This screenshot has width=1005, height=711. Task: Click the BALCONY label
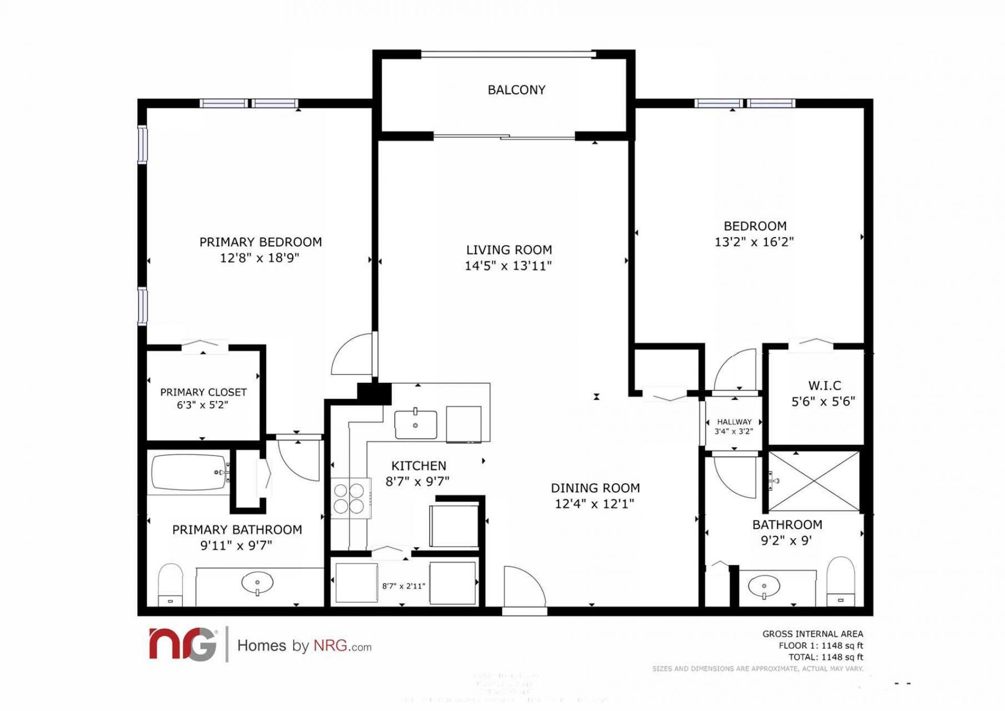coord(516,90)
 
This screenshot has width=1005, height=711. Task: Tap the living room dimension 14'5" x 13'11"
coord(508,266)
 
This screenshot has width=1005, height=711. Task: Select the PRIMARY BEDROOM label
coord(260,242)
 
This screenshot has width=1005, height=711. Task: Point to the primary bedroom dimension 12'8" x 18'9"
coord(259,258)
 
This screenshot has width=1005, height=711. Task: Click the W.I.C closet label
coord(824,386)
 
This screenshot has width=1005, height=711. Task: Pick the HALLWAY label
coord(734,421)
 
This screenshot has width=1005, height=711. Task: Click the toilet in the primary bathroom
coord(170,585)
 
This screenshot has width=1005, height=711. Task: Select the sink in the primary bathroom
coord(257,582)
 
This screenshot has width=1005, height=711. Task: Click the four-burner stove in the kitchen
coord(349,498)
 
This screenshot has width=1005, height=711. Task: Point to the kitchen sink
coord(416,425)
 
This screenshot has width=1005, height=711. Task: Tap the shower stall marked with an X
coord(813,481)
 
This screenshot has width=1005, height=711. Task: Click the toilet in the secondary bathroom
coord(841,582)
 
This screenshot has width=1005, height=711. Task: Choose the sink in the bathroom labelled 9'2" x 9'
coord(763,586)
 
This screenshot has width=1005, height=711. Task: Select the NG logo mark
coord(183,645)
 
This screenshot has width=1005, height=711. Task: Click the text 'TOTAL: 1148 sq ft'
coord(825,657)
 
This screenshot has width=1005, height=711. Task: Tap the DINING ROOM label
coord(595,488)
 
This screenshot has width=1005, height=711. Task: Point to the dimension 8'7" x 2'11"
coord(404,586)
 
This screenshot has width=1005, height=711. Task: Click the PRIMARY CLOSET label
coord(203,392)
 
